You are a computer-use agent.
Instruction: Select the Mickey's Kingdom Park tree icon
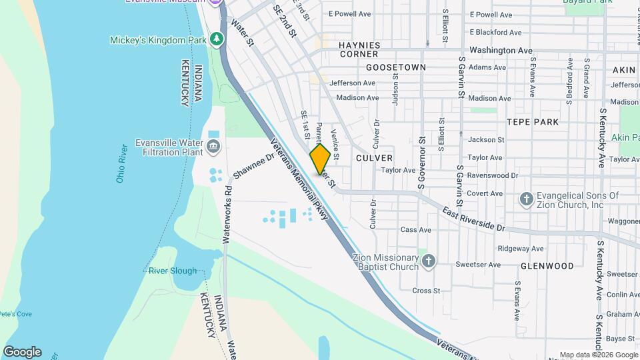tap(216, 40)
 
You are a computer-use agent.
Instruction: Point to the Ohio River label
tap(121, 163)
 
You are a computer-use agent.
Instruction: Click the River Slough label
tap(173, 271)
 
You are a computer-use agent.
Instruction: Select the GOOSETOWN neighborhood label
tap(396, 67)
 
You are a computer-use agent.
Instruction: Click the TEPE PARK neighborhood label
tap(533, 122)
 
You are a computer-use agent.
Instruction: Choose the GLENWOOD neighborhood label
tap(547, 265)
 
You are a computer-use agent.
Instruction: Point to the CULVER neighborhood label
tap(374, 158)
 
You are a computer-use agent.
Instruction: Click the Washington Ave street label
tap(501, 50)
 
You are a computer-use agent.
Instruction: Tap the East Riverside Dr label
tap(474, 218)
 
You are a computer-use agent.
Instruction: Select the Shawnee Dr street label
tap(254, 166)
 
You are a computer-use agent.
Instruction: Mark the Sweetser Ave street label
tap(478, 265)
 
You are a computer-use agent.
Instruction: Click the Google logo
tap(22, 352)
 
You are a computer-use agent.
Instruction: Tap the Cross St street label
tap(427, 291)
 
